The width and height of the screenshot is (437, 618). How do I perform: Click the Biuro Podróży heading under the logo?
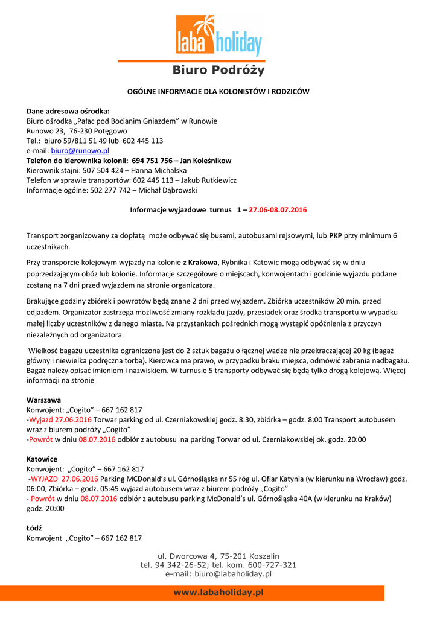coord(218,70)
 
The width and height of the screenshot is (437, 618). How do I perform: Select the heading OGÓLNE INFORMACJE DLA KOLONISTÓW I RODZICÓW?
coord(218,92)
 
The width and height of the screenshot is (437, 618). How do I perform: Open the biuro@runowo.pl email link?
coord(80,150)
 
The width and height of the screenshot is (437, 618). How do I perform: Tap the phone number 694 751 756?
coord(152,161)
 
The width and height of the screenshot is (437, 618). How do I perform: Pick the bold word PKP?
coord(335,235)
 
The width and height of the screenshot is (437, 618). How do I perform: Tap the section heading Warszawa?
coord(43,400)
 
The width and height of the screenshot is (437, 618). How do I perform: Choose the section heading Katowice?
coord(42,459)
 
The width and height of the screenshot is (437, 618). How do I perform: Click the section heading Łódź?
coord(34,528)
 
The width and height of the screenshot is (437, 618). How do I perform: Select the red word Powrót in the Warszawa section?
coord(42,439)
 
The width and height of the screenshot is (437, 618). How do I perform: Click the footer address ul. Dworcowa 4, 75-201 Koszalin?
coord(218,556)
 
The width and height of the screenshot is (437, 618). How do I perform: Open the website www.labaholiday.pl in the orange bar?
coord(218,593)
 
